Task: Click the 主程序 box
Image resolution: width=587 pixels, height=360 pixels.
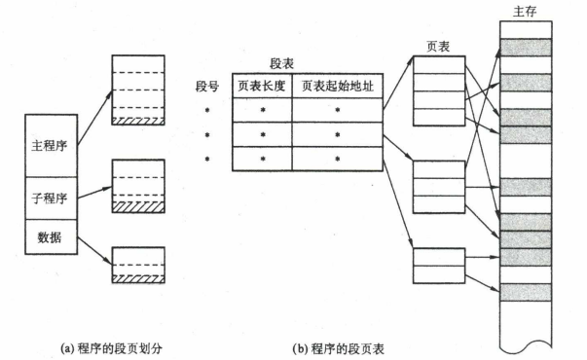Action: coord(49,145)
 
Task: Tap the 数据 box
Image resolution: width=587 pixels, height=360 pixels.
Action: coord(49,235)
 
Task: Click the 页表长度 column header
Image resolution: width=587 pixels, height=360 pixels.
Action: coord(261,86)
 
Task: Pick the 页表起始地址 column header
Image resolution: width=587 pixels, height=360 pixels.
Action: coord(337,86)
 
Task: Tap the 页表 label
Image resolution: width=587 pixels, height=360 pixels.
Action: coord(437,46)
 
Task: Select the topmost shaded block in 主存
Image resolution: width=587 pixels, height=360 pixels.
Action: coord(527,46)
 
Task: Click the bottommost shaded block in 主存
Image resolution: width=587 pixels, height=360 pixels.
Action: coord(527,290)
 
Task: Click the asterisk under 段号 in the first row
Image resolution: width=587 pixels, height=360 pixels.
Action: coord(206,110)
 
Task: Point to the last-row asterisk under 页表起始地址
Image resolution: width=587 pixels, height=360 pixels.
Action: coord(337,158)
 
